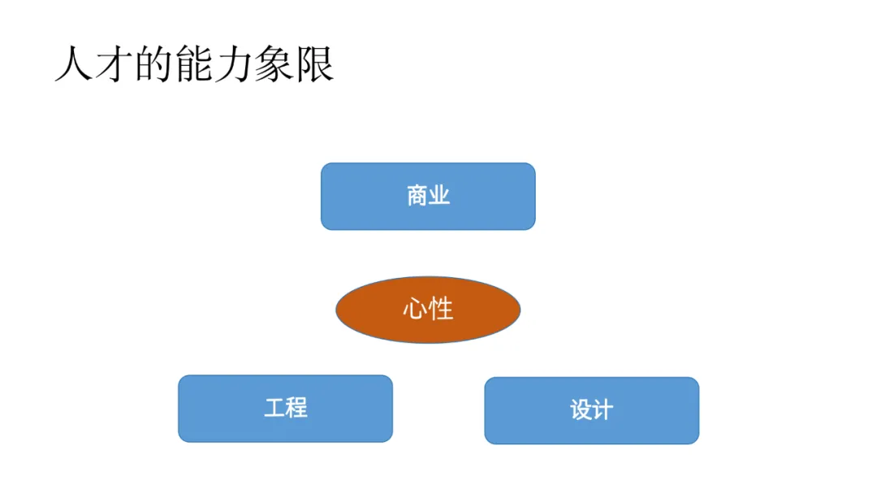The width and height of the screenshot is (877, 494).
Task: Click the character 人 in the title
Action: (74, 64)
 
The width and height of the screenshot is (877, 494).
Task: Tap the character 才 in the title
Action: (114, 64)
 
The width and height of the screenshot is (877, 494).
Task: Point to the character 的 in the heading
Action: (153, 64)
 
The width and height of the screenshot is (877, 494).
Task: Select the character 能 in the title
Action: (194, 64)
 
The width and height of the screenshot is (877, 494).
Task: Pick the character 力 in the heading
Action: (234, 64)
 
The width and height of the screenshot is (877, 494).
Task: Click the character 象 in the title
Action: (274, 64)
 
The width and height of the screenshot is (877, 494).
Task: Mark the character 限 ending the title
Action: (315, 64)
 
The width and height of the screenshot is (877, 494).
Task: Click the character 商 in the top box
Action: (417, 196)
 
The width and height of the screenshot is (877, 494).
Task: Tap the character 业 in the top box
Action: (439, 196)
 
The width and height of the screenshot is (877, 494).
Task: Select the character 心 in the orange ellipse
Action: (415, 309)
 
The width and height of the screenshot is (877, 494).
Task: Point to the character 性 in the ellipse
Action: (441, 309)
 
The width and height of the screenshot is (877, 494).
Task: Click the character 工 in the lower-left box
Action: (274, 408)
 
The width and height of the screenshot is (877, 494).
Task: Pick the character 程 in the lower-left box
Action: (297, 408)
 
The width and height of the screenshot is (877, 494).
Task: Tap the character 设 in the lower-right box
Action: (581, 410)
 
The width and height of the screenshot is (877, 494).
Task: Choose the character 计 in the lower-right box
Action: (603, 410)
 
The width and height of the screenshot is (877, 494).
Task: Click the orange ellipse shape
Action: (428, 310)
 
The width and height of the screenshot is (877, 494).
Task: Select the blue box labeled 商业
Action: (428, 197)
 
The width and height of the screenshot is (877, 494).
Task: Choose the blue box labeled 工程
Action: (285, 409)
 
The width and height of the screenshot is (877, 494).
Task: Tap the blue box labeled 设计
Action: (592, 410)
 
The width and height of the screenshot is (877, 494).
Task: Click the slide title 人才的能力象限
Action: (195, 64)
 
